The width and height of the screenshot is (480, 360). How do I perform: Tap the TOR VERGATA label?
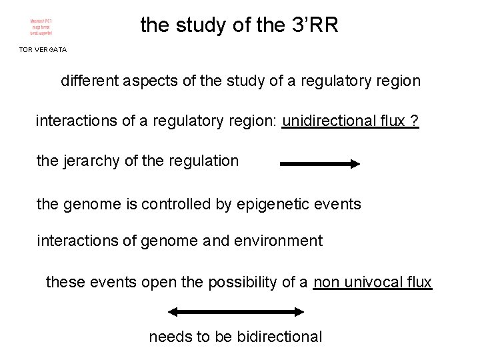43,50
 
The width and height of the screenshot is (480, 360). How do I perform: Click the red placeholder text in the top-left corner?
41,27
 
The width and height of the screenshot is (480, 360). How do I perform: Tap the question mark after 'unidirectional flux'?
415,121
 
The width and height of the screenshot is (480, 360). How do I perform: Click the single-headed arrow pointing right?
320,163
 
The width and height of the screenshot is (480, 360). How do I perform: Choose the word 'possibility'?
249,283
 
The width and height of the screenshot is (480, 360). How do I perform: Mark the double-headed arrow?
235,311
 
